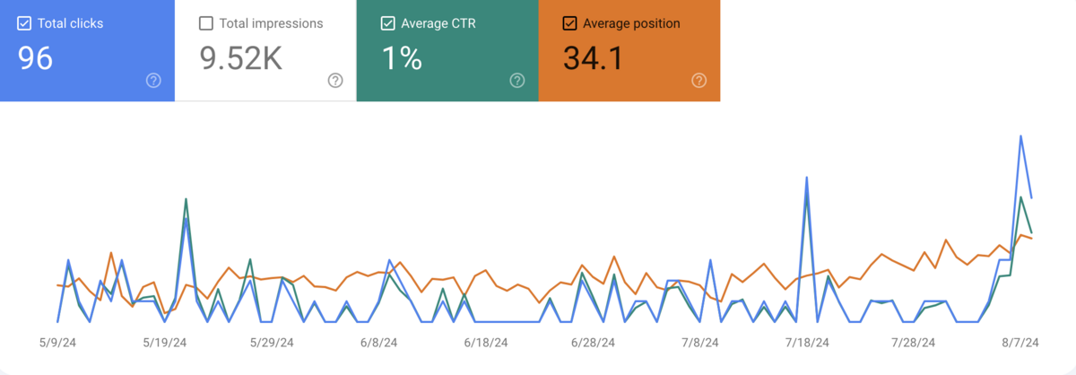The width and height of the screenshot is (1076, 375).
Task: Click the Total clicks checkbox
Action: coord(24,23)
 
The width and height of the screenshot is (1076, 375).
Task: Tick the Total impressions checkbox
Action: coord(206,23)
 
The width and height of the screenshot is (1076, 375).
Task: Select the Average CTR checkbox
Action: coord(387,23)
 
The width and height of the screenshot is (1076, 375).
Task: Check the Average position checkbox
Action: coord(569,23)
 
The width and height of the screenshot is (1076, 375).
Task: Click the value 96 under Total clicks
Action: coord(36,58)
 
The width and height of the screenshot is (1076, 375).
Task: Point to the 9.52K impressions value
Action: coord(240,58)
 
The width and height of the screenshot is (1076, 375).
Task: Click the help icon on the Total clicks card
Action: coord(153,81)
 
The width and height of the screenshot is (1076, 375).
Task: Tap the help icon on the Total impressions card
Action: coord(335,81)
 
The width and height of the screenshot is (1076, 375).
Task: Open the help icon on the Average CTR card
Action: coord(517,81)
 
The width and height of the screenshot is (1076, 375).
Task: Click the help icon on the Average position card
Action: coord(699,81)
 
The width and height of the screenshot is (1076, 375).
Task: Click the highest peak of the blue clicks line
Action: coord(1021,136)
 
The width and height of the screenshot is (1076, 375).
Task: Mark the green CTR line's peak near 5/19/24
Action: coord(186,199)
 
